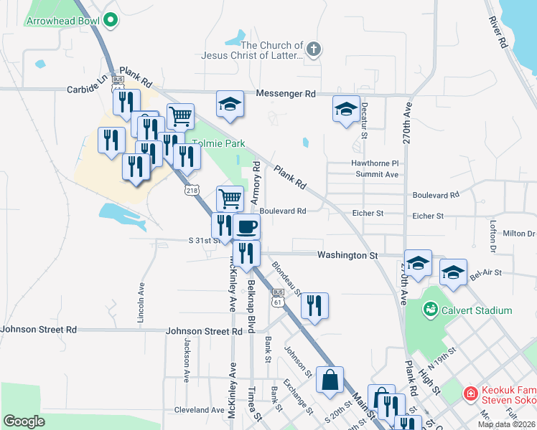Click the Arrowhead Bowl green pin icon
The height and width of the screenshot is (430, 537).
coord(111,21)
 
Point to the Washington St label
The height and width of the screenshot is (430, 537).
coord(347,254)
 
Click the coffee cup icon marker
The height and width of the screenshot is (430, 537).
coord(246,227)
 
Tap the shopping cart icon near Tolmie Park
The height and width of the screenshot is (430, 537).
coord(180,115)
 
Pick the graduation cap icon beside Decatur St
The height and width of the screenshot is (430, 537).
coord(346,110)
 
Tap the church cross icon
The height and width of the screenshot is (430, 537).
coord(312,49)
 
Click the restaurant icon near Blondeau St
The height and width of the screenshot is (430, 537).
coord(314,305)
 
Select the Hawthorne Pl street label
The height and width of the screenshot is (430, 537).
coord(375,163)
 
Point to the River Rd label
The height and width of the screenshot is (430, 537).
coord(499,32)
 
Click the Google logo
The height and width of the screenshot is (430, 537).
coord(24,421)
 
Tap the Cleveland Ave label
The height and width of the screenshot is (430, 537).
coord(200,411)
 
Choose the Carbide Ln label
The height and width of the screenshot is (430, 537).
coord(87,89)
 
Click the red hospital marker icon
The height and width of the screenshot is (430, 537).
coord(470,393)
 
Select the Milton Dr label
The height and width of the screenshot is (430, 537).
coord(518,234)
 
